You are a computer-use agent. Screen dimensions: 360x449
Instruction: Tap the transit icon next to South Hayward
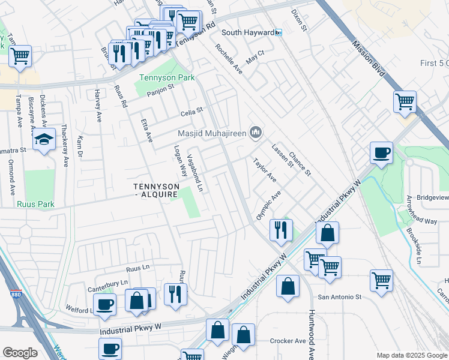(279, 32)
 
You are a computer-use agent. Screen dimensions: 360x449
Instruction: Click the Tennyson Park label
(162, 77)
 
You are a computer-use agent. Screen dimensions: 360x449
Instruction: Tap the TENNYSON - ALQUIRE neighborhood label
(155, 190)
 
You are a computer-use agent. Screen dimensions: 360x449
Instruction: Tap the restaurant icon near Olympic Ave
(281, 229)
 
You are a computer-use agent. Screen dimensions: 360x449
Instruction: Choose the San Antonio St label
(340, 296)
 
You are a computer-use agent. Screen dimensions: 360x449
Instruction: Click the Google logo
(20, 353)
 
